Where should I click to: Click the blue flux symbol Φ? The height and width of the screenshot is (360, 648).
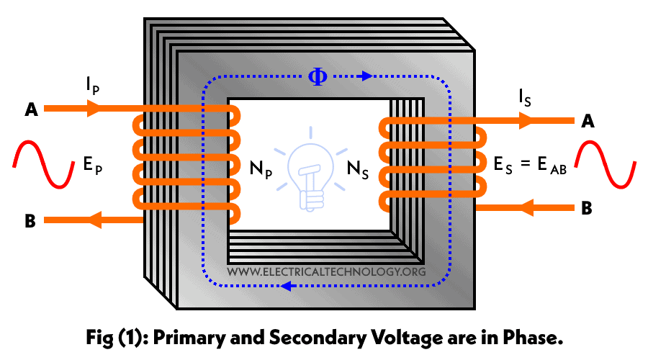click(x=318, y=76)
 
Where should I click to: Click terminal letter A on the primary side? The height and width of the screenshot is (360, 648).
click(x=31, y=109)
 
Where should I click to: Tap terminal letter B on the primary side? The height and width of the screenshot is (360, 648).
click(x=30, y=221)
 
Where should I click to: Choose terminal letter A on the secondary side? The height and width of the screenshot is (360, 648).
click(x=588, y=122)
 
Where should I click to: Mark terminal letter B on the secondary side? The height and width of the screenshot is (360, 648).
click(x=587, y=210)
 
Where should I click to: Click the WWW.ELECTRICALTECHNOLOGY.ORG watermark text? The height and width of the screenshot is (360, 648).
click(x=326, y=272)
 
